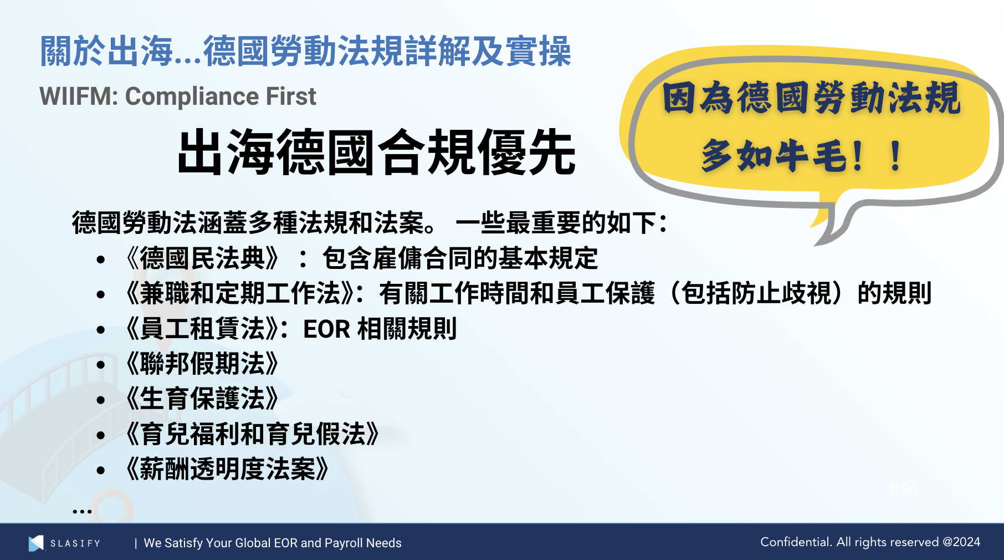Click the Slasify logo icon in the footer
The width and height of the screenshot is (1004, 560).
tap(36, 543)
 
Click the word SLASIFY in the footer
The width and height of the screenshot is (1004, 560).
tap(75, 543)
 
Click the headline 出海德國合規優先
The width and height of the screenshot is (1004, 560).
tap(376, 152)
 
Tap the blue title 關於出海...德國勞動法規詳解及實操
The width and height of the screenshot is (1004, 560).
tap(305, 52)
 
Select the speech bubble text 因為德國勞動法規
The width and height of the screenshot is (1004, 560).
tap(811, 98)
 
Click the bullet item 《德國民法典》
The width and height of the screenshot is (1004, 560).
tap(203, 258)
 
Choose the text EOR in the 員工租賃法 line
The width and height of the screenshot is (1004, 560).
tap(326, 329)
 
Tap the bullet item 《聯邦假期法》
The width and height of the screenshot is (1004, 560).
tap(203, 364)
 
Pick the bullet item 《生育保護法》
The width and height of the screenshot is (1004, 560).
tap(203, 399)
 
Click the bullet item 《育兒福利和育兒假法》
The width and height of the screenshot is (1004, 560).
tap(253, 434)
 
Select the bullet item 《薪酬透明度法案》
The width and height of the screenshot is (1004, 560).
tap(228, 469)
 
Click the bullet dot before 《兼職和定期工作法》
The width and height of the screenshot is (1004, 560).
tap(101, 294)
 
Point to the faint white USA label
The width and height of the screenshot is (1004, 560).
tap(903, 488)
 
